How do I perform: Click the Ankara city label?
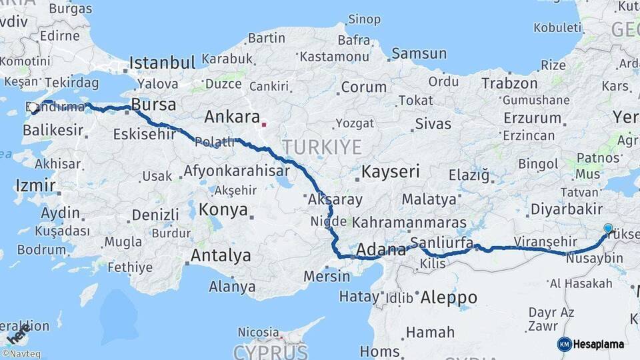tap(231, 117)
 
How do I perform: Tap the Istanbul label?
tap(162, 63)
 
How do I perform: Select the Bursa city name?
tap(153, 105)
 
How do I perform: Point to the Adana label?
tap(381, 251)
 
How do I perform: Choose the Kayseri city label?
tap(390, 172)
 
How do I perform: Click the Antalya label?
tap(221, 255)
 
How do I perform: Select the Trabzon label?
tap(509, 83)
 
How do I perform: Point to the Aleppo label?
tap(447, 297)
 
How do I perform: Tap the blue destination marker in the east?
tap(608, 229)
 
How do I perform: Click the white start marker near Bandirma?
tap(33, 107)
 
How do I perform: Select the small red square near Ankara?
tap(264, 123)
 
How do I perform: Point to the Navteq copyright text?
tap(21, 354)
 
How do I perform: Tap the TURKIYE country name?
tap(321, 147)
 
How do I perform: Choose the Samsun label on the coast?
tap(419, 53)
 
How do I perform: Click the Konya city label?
tap(223, 211)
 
